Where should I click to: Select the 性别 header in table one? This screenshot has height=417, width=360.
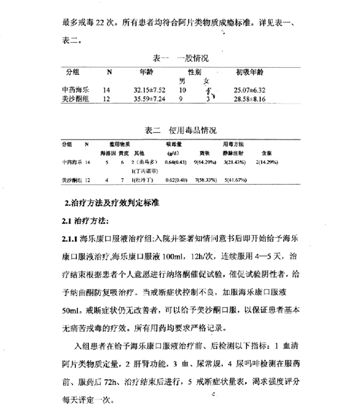point(195,72)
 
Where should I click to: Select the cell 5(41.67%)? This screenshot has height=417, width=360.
point(235,180)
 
